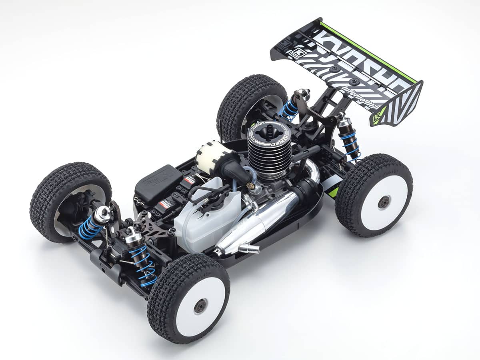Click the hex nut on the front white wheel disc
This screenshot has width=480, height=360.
[x=200, y=306]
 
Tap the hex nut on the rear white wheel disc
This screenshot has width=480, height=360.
[x=384, y=202]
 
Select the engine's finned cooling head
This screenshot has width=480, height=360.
[x=268, y=152]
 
